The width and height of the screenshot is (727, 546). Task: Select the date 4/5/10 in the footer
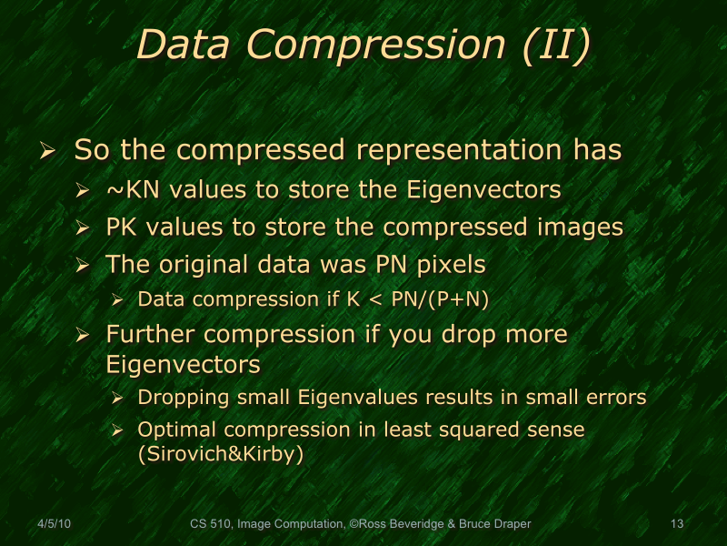[54, 523]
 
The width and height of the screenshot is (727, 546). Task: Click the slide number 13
[676, 523]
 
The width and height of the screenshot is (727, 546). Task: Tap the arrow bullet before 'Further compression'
[84, 336]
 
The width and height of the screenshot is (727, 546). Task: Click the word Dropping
[176, 398]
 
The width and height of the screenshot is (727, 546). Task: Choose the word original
[208, 265]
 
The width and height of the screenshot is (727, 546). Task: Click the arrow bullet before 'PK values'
[84, 228]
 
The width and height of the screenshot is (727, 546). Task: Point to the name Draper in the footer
[512, 523]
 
